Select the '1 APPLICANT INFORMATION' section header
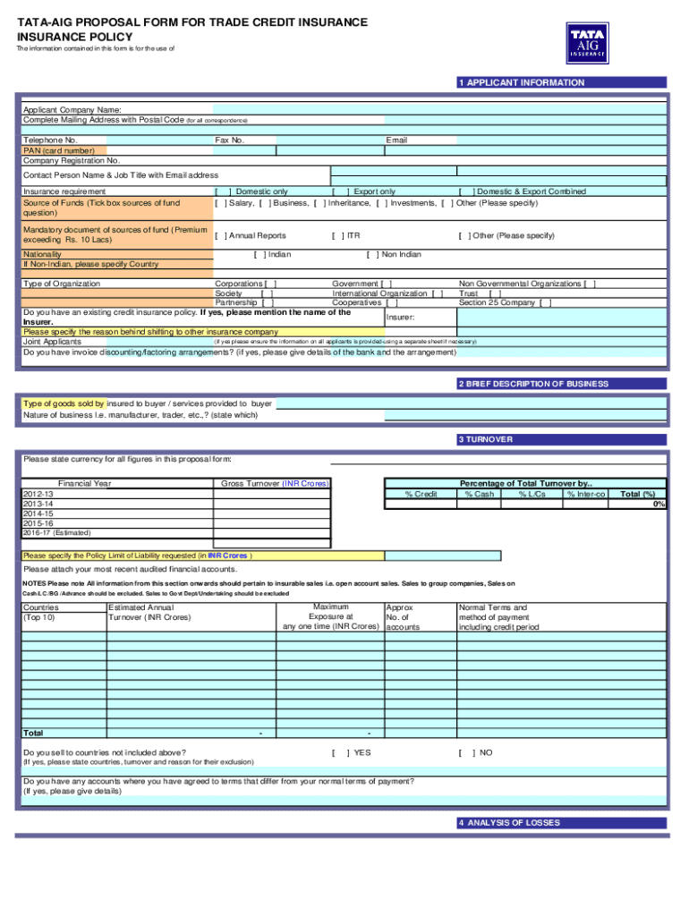click(x=521, y=82)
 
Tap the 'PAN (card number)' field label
click(x=58, y=151)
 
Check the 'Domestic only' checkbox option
click(x=224, y=191)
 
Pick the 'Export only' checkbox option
click(x=340, y=191)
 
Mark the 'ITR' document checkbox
click(x=338, y=235)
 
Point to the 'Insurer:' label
click(x=400, y=318)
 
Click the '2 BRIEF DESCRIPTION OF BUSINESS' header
click(x=532, y=384)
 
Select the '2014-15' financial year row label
click(x=38, y=513)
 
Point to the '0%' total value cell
click(x=659, y=504)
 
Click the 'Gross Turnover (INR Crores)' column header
click(x=275, y=483)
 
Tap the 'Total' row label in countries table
click(x=33, y=733)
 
